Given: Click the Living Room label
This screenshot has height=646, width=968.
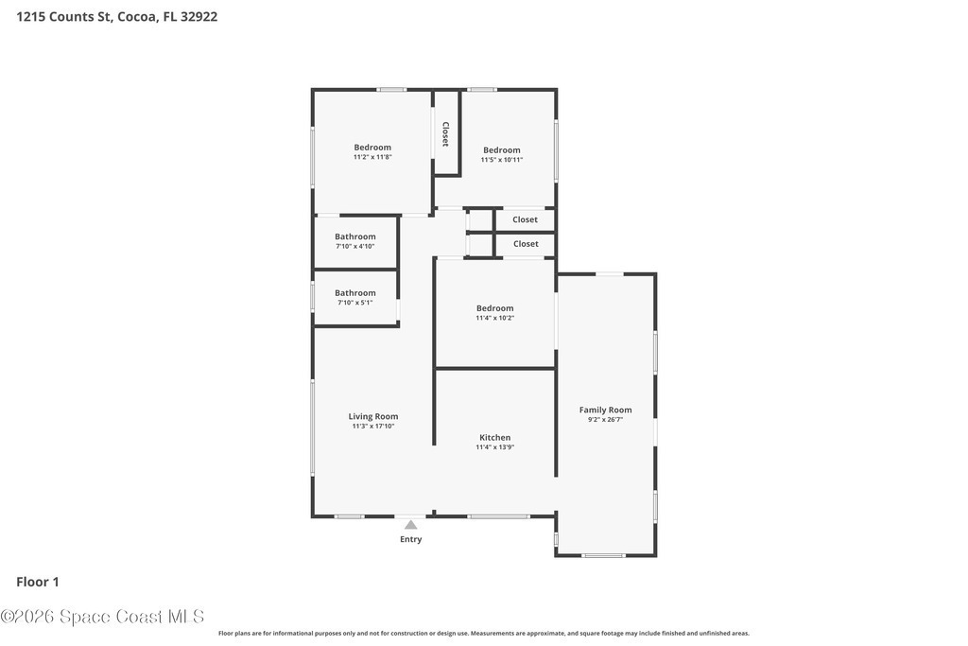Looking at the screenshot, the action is click(x=372, y=416).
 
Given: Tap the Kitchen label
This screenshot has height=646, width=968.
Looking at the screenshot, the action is click(x=494, y=437).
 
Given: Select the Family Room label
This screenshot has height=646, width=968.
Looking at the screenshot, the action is click(x=605, y=410).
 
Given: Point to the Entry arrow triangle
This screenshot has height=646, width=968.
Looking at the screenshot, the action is click(x=410, y=525).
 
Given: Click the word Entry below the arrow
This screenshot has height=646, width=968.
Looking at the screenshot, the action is click(x=410, y=539).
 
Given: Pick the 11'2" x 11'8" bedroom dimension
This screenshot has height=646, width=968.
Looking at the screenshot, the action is click(x=372, y=157).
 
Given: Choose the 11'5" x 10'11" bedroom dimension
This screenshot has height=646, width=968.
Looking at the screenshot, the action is click(x=501, y=159).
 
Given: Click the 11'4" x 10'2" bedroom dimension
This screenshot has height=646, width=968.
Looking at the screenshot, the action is click(x=494, y=318).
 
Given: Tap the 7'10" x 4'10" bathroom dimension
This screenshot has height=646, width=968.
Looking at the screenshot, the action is click(x=355, y=247).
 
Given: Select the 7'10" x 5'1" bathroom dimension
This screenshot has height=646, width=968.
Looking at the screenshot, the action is click(x=355, y=303).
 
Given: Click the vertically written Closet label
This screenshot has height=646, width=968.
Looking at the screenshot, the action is click(x=445, y=134).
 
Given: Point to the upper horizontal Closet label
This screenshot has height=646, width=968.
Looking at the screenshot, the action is click(x=525, y=219).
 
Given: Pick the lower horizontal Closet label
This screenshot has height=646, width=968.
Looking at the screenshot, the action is click(x=526, y=244).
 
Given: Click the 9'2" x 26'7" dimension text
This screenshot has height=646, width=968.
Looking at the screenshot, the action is click(x=605, y=420).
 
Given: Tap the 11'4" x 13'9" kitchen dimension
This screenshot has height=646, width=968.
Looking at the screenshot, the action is click(x=494, y=447).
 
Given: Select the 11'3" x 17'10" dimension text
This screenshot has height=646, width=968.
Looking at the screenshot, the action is click(x=372, y=427).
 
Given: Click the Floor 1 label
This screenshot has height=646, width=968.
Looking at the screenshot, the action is click(x=38, y=582).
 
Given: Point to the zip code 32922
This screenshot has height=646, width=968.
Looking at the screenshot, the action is click(x=199, y=17).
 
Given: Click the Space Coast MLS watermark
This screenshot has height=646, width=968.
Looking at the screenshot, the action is click(x=102, y=617).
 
